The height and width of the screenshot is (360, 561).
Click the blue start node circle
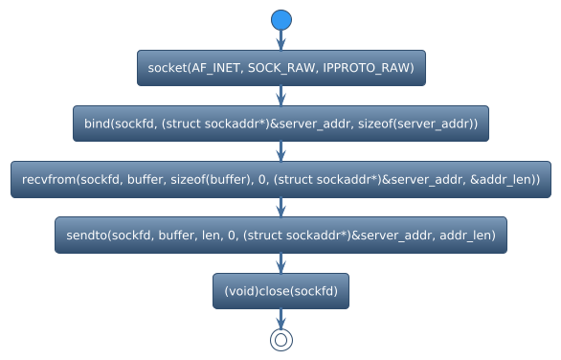point(280,20)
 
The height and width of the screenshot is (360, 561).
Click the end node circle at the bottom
point(280,339)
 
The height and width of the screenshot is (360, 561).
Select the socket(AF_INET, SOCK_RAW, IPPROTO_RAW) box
point(280,68)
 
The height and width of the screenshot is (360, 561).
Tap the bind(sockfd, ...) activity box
point(280,124)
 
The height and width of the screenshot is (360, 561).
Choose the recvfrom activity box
point(280,179)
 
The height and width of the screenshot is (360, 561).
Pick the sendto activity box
point(280,235)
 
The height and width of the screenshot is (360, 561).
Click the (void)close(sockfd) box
point(280,290)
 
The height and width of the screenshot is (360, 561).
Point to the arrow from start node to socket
point(280,40)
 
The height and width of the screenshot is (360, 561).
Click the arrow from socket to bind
point(280,96)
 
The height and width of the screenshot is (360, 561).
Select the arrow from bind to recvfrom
point(280,151)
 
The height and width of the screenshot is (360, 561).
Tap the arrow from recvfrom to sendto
point(280,207)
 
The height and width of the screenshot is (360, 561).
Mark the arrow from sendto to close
point(280,262)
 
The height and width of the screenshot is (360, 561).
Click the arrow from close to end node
point(280,318)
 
